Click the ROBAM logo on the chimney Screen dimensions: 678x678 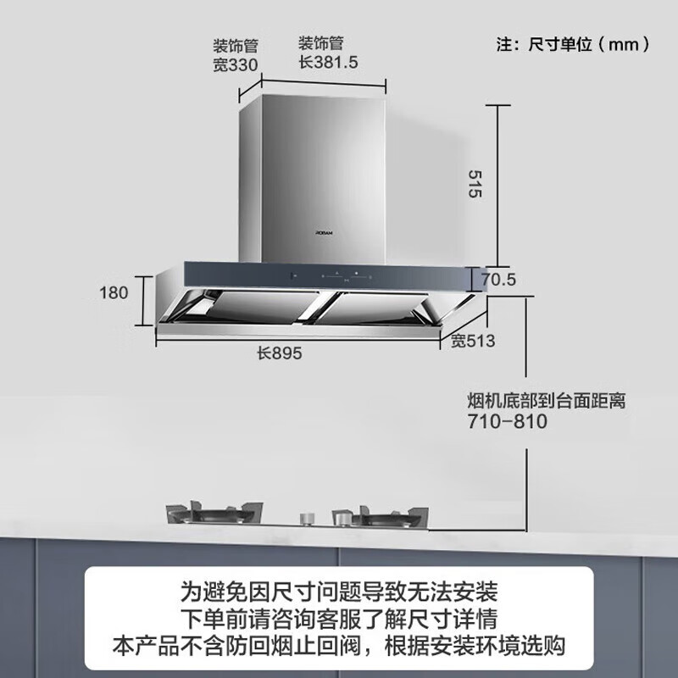pyautogui.click(x=325, y=232)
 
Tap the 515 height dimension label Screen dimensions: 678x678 pyautogui.click(x=475, y=184)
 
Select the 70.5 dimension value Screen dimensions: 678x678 pyautogui.click(x=498, y=280)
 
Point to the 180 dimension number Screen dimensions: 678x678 pyautogui.click(x=114, y=292)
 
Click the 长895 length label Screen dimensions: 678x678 pyautogui.click(x=280, y=353)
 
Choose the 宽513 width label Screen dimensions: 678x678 pyautogui.click(x=473, y=341)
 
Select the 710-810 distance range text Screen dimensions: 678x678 pyautogui.click(x=507, y=421)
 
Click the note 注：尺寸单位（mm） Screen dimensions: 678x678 pyautogui.click(x=574, y=44)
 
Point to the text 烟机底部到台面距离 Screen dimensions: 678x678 pyautogui.click(x=547, y=401)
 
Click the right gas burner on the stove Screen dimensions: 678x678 pyautogui.click(x=380, y=517)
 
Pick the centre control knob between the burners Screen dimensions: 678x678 pyautogui.click(x=307, y=519)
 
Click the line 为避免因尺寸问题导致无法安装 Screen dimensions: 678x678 pyautogui.click(x=339, y=592)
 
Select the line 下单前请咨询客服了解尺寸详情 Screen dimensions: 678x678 pyautogui.click(x=339, y=619)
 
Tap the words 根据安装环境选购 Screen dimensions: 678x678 pyautogui.click(x=475, y=646)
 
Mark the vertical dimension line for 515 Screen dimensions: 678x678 pyautogui.click(x=497, y=186)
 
